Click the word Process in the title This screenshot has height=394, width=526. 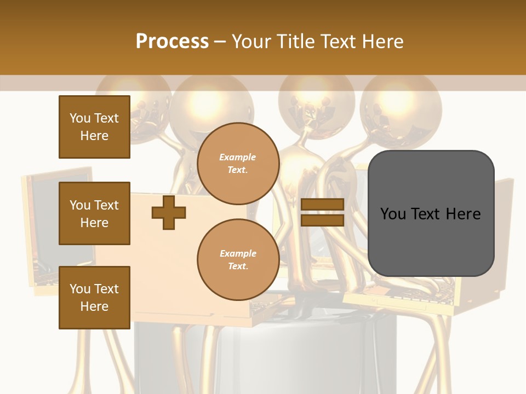pyautogui.click(x=172, y=41)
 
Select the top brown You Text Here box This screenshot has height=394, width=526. pyautogui.click(x=94, y=127)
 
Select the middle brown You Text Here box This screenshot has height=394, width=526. pyautogui.click(x=94, y=213)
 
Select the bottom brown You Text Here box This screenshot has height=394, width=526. pyautogui.click(x=94, y=298)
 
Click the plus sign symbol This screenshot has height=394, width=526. pyautogui.click(x=168, y=213)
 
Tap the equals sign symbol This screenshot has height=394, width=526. pyautogui.click(x=322, y=212)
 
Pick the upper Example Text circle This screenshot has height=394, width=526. pyautogui.click(x=238, y=163)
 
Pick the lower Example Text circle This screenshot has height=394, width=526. pyautogui.click(x=238, y=259)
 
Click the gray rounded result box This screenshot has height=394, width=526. pyautogui.click(x=431, y=213)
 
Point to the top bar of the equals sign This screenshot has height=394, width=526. pyautogui.click(x=322, y=205)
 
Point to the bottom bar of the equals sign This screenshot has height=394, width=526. pyautogui.click(x=322, y=220)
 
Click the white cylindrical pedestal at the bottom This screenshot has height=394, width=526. pyautogui.click(x=263, y=356)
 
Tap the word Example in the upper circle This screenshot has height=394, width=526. pyautogui.click(x=238, y=157)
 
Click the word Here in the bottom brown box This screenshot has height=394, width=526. pyautogui.click(x=94, y=306)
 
